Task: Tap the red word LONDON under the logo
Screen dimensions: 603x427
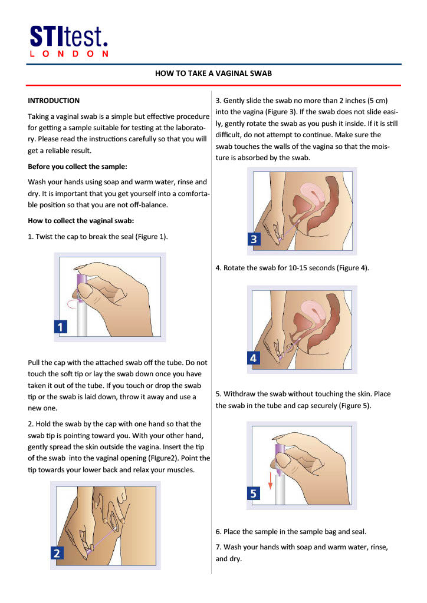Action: [68, 54]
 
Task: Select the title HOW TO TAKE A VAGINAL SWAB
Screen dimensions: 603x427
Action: [213, 74]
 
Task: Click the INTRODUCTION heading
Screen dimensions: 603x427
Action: [54, 101]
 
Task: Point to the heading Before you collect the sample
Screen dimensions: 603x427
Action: [77, 166]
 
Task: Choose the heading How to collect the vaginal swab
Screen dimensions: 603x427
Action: [81, 221]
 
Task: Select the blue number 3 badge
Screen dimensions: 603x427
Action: [254, 238]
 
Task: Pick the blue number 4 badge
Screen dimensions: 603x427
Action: [253, 357]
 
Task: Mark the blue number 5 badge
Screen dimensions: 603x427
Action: [253, 493]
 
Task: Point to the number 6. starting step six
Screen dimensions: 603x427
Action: [219, 531]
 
